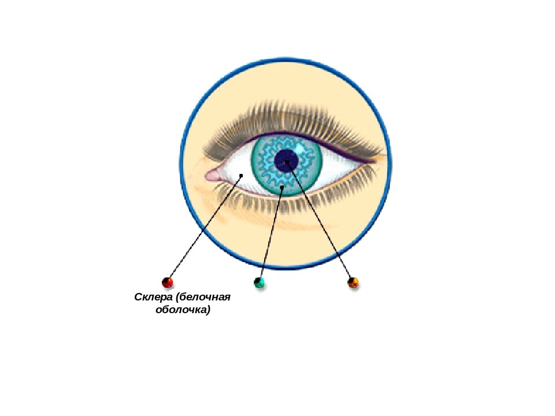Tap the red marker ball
(x=168, y=283)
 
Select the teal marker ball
(x=260, y=283)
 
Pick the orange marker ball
(x=353, y=283)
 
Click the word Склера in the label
(x=154, y=298)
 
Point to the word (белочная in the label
(x=204, y=298)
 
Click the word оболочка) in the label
(x=183, y=310)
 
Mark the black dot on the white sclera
(x=241, y=175)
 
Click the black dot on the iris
(x=282, y=187)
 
